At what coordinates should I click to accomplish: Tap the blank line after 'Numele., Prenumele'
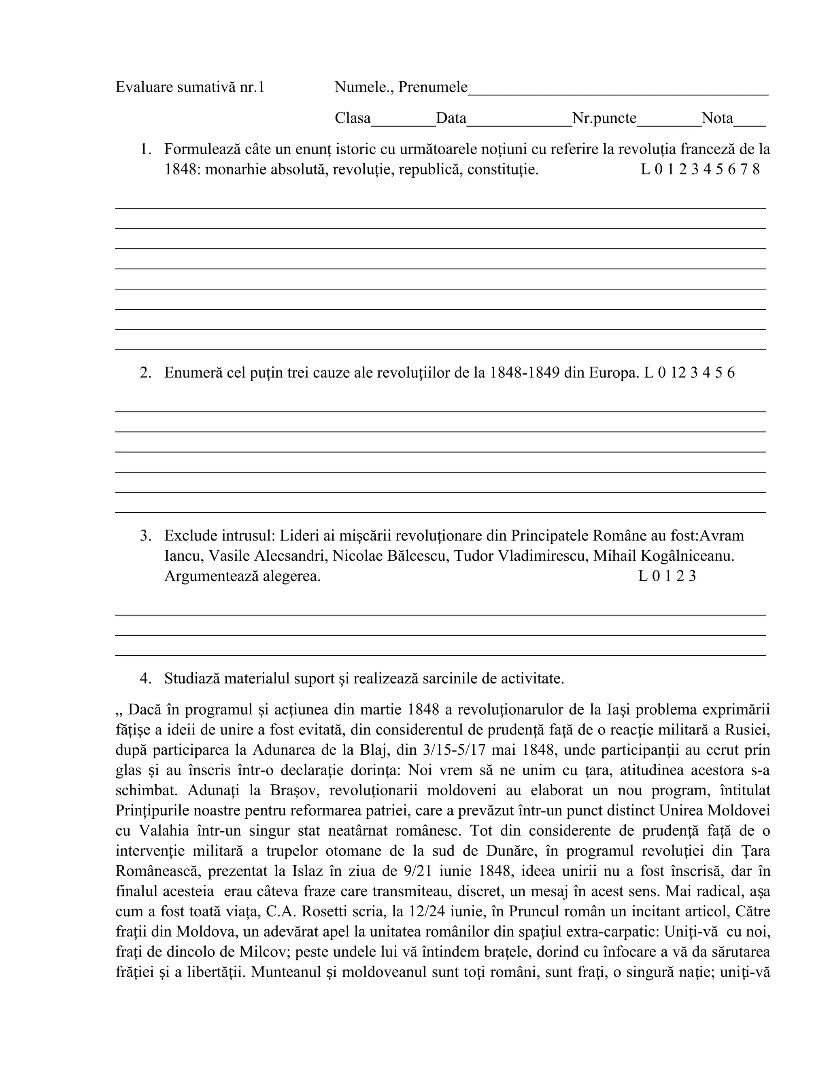point(617,90)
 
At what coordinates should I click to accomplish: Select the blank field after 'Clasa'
point(403,122)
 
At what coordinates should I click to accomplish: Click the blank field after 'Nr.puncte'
point(669,122)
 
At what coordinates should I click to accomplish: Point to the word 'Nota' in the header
point(716,118)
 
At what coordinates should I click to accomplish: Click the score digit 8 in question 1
point(756,170)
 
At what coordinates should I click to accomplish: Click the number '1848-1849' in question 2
point(525,373)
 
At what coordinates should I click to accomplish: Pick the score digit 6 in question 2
point(731,373)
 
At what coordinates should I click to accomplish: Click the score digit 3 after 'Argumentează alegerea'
point(692,576)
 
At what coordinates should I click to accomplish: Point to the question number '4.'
point(145,679)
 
